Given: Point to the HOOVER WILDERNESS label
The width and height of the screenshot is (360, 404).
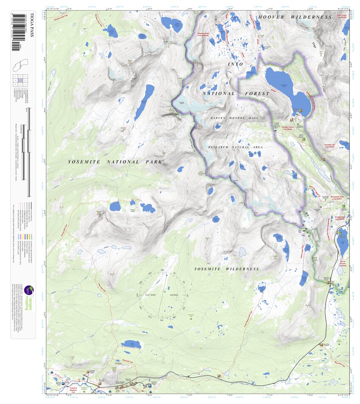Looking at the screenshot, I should pos(295,17).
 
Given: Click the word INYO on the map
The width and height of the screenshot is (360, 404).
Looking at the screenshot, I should pos(236,64).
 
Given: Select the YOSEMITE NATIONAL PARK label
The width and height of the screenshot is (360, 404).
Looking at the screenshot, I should pos(115,162).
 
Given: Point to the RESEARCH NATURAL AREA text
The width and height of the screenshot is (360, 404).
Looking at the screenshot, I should pos(235,147).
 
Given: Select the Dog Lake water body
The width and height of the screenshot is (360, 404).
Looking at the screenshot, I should pos(130,345).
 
